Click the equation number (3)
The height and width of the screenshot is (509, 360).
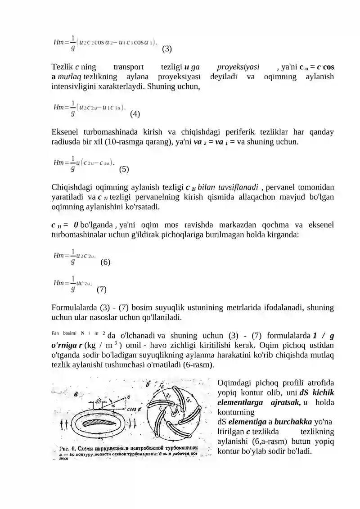click(166, 49)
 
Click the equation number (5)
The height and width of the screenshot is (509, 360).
click(124, 170)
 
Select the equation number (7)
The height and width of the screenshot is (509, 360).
click(101, 289)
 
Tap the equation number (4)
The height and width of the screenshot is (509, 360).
click(135, 114)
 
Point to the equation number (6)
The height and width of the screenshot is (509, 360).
click(105, 261)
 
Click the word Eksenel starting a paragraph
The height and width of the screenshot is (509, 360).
click(65, 132)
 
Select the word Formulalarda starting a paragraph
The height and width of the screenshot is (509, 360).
click(73, 308)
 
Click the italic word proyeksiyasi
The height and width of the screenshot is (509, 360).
click(238, 67)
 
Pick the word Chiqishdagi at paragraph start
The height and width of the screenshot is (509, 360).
click(72, 187)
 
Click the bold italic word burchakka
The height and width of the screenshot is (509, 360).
click(293, 422)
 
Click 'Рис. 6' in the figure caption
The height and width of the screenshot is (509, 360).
click(68, 448)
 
